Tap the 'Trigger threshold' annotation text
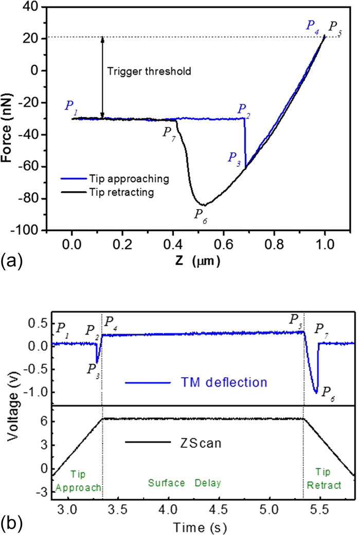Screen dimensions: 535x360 click(149, 71)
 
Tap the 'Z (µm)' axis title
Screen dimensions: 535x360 click(197, 262)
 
